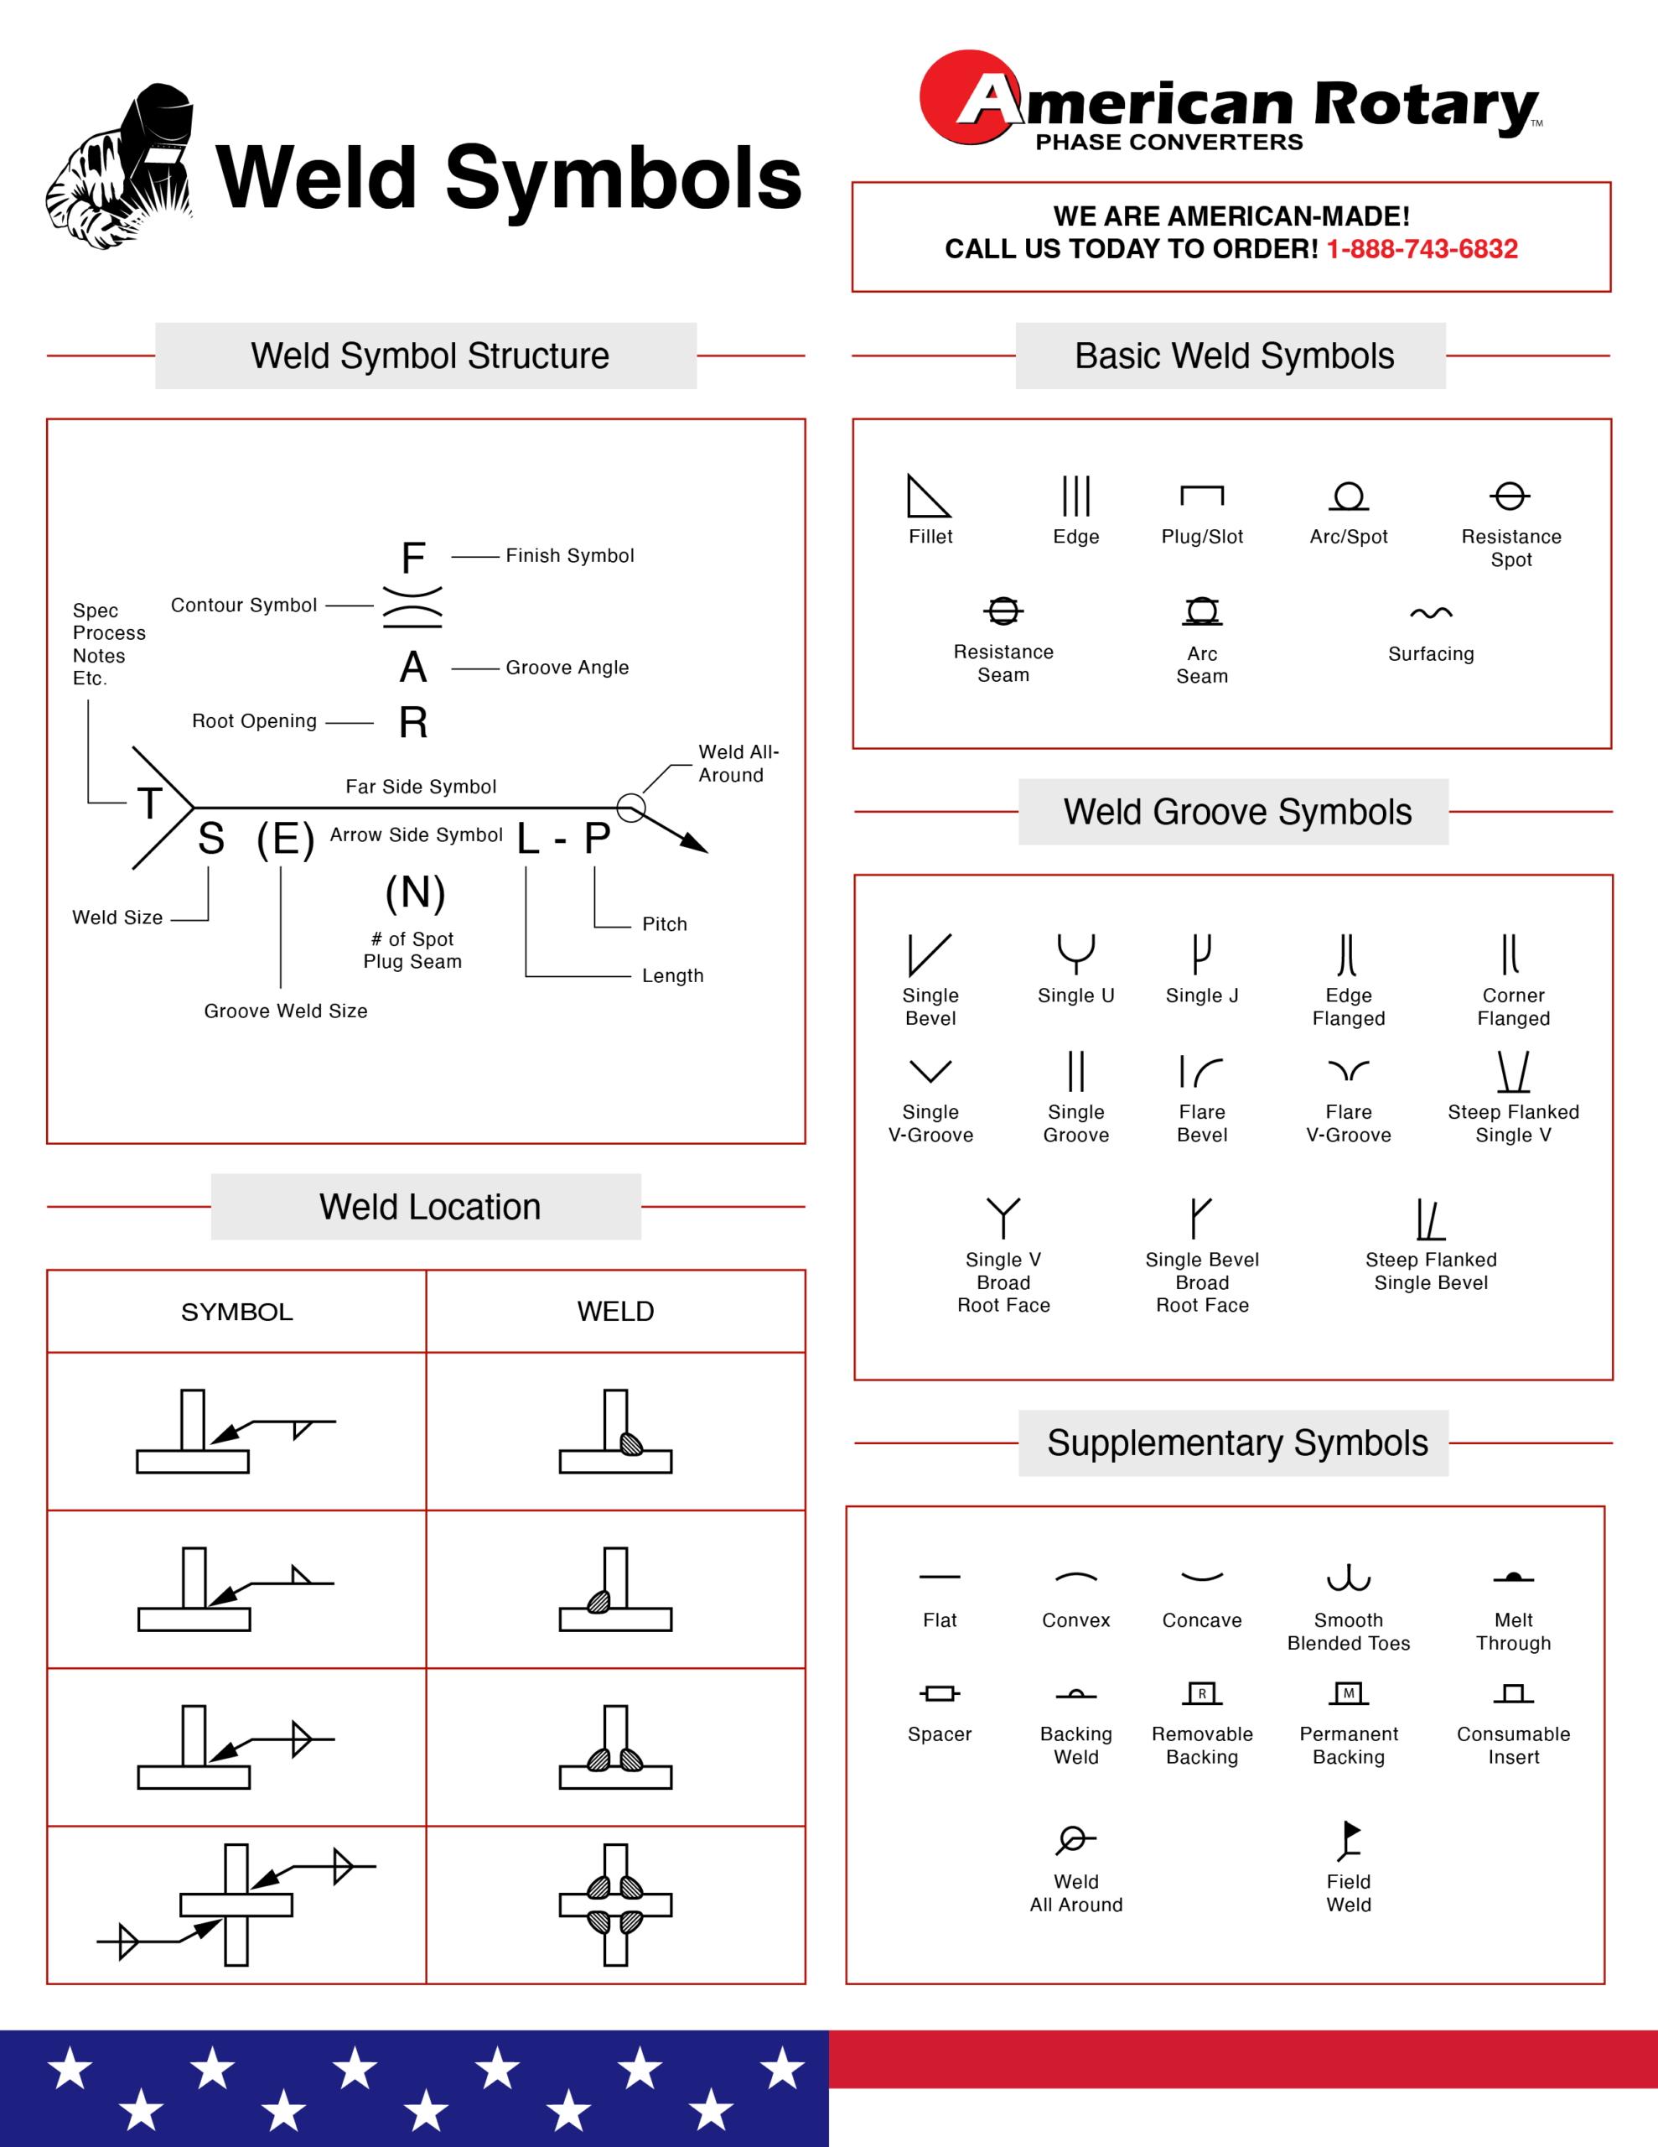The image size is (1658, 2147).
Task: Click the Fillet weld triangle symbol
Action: point(927,496)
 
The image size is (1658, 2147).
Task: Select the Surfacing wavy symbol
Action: point(1430,613)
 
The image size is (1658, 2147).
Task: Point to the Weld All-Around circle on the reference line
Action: point(631,808)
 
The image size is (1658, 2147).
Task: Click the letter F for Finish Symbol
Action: point(412,559)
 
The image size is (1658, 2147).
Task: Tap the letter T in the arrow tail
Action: point(149,803)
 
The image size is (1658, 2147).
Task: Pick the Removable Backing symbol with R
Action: point(1201,1692)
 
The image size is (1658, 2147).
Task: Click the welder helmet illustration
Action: point(123,167)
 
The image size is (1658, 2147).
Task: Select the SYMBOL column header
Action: point(237,1312)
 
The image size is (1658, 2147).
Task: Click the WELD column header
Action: point(615,1312)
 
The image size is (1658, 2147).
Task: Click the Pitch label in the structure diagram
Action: point(665,924)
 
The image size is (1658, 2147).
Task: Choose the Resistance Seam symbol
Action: point(1003,611)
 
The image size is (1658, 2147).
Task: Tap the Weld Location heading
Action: point(429,1206)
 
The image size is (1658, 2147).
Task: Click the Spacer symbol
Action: point(940,1692)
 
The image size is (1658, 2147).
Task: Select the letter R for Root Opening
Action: point(412,723)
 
